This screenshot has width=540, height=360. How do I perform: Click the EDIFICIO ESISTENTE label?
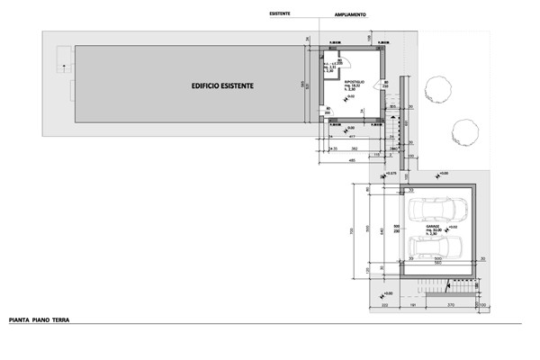pos(222,85)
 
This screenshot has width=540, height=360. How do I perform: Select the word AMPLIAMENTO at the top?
pos(351,15)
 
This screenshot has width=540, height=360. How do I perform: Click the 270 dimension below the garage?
pos(451,307)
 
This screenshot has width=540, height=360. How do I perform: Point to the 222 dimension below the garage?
pos(384,307)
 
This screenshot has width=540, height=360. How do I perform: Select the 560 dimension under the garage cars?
pos(436,265)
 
